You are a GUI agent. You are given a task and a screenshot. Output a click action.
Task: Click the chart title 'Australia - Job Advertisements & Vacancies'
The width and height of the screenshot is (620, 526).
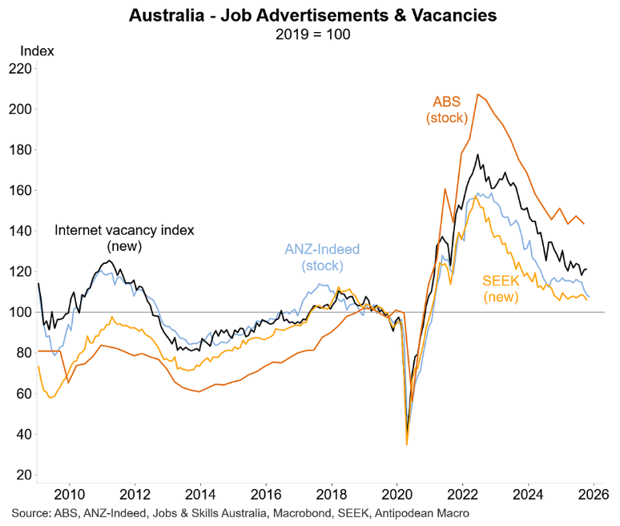(310, 14)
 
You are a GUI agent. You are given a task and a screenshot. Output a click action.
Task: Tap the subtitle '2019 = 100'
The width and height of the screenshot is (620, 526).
(310, 34)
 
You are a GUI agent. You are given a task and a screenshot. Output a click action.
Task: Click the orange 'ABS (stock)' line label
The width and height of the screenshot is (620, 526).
(449, 110)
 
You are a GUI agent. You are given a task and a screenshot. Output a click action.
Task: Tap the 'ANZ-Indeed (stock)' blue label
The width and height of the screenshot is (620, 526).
(322, 257)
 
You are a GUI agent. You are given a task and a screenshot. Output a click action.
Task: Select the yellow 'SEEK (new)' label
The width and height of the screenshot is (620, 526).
(501, 289)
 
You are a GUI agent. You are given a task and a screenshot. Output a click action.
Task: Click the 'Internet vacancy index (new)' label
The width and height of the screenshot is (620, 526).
(124, 238)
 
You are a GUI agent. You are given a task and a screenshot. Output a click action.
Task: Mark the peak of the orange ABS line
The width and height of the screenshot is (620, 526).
(477, 95)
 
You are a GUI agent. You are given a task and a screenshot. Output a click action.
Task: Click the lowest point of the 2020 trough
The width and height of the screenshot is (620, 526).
(407, 443)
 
